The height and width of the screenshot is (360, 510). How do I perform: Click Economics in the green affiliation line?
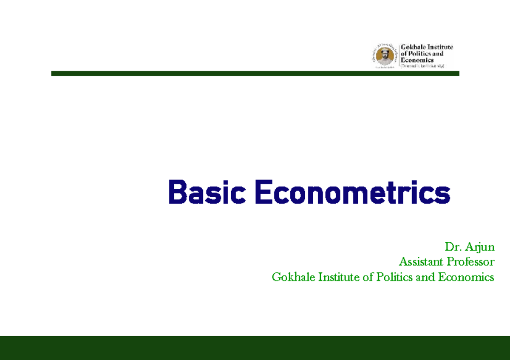click(466, 278)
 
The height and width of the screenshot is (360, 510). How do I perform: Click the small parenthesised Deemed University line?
click(422, 66)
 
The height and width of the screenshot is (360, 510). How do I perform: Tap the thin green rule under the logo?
click(255, 74)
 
